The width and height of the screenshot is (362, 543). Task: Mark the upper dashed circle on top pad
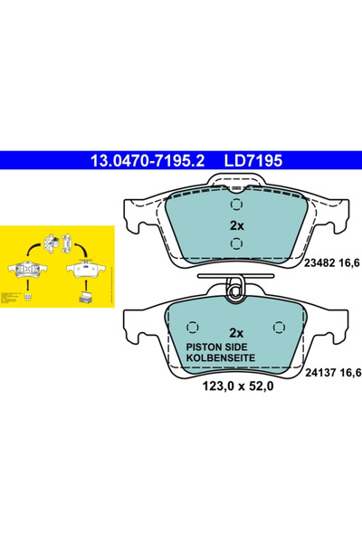coord(234,204)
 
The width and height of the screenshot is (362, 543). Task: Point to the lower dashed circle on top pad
coord(234,244)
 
